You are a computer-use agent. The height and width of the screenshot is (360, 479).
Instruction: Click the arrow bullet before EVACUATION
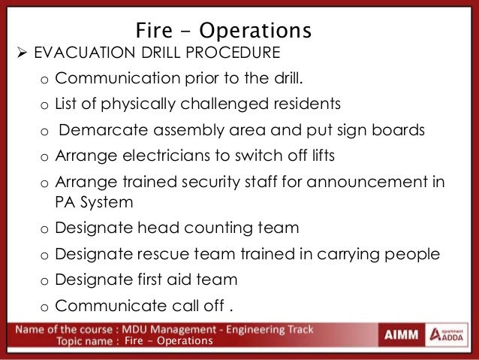[x=11, y=53]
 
